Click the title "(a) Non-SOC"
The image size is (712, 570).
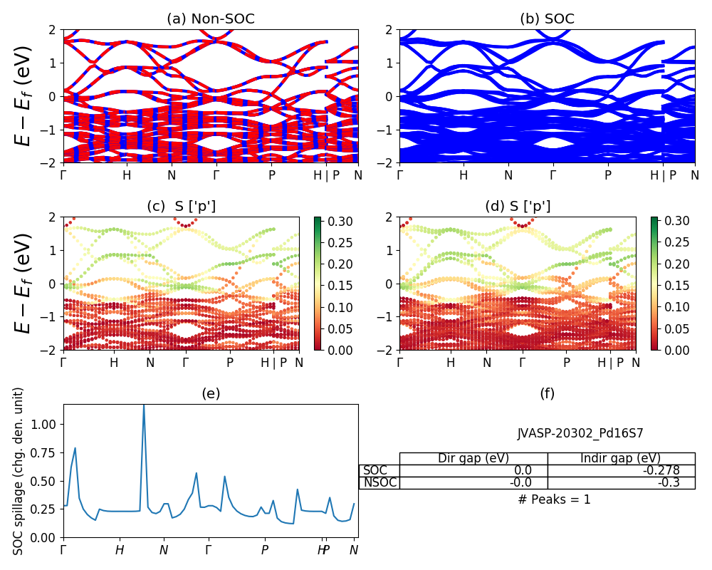211,19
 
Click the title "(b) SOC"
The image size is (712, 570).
547,19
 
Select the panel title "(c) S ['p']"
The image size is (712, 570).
182,207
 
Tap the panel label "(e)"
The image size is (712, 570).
211,394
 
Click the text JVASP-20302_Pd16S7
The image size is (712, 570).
580,432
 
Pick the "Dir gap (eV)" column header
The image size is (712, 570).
473,458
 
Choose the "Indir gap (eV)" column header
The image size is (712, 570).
621,458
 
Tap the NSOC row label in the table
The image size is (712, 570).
379,482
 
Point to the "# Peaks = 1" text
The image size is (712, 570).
554,499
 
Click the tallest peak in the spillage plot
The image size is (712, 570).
144,406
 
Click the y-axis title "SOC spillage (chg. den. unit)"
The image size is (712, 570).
19,471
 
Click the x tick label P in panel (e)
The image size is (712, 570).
265,550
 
